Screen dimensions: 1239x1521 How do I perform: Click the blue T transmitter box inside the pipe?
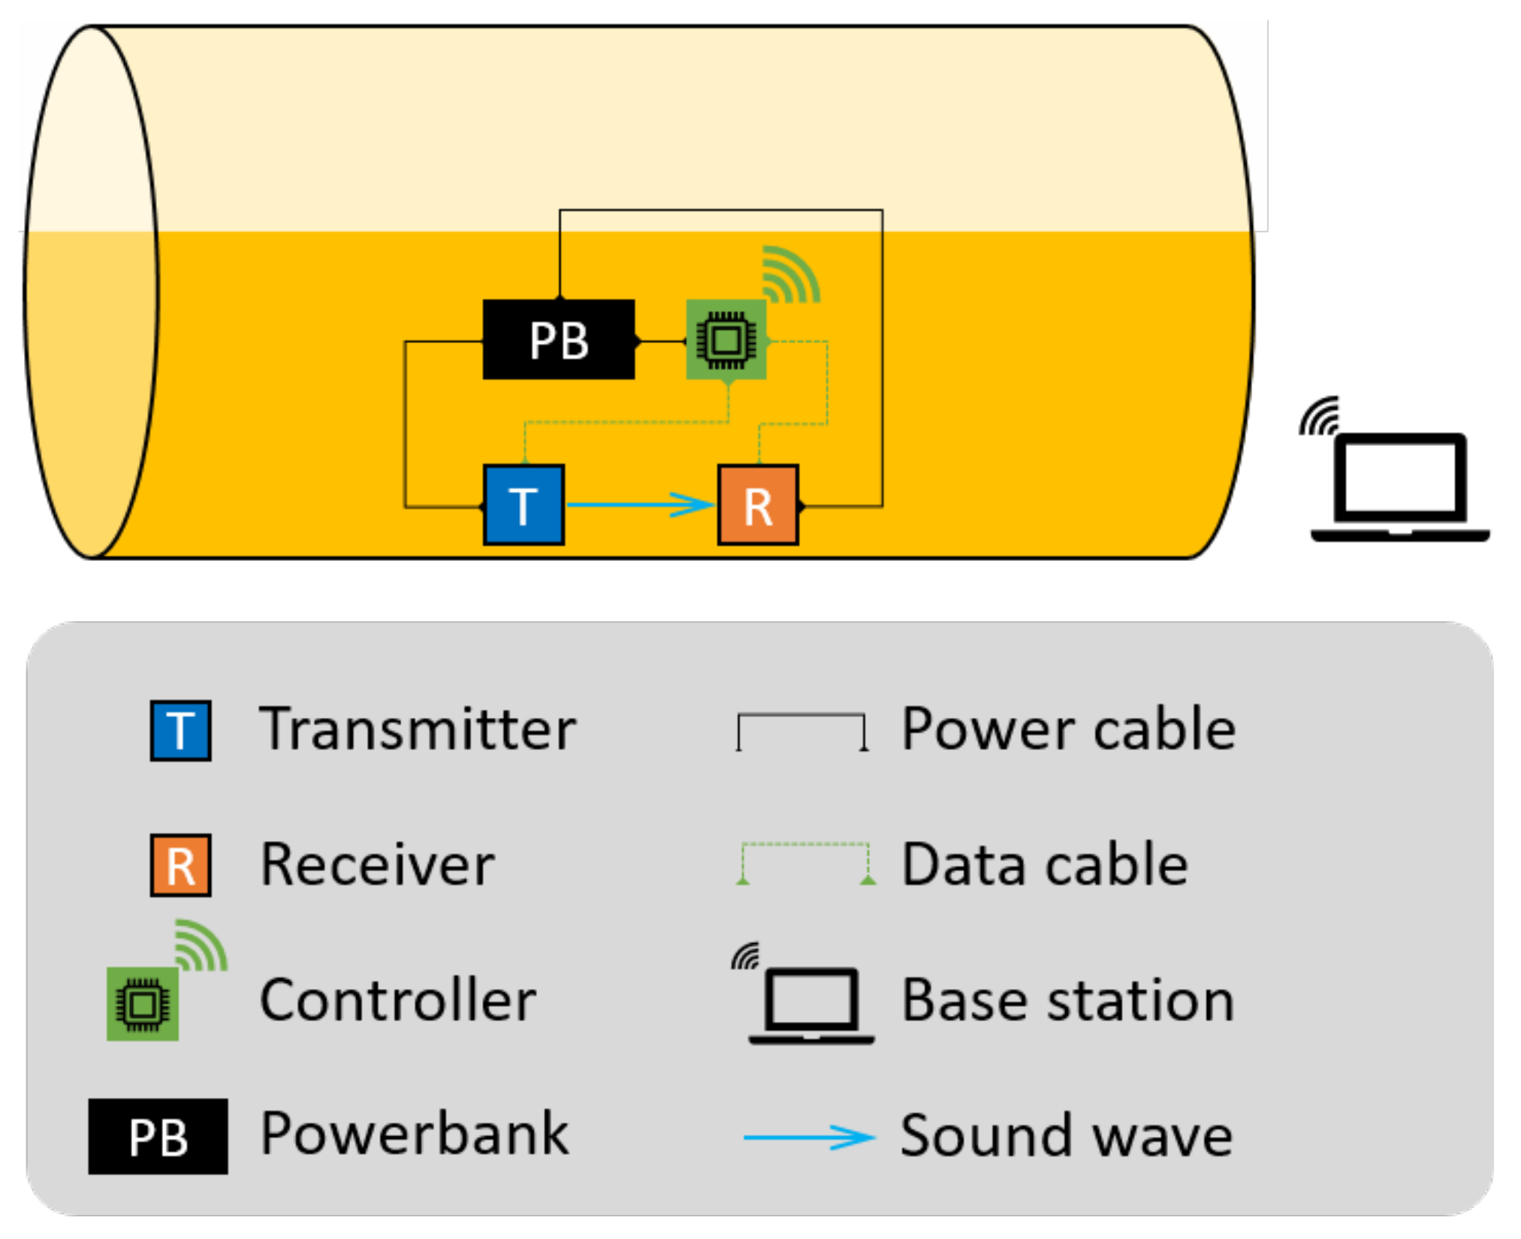click(x=524, y=505)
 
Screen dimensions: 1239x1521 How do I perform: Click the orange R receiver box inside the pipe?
click(x=758, y=505)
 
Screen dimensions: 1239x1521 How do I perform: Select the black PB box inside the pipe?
click(x=558, y=339)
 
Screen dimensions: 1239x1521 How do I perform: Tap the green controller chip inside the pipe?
click(x=726, y=339)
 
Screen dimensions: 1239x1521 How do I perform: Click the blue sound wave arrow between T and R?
click(x=638, y=505)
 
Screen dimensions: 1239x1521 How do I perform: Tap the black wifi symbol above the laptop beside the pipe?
click(x=1320, y=417)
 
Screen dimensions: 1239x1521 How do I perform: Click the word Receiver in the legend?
click(x=377, y=864)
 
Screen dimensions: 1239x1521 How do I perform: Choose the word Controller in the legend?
click(x=397, y=1000)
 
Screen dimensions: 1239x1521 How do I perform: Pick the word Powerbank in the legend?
click(x=414, y=1134)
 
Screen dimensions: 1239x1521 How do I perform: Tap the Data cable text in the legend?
click(x=1044, y=864)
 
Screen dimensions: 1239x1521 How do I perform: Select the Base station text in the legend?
click(x=1068, y=1000)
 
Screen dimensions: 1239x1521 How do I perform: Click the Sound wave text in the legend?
click(x=1067, y=1135)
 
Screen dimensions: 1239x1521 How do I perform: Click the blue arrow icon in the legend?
click(x=809, y=1137)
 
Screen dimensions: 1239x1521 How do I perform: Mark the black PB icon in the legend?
click(x=158, y=1136)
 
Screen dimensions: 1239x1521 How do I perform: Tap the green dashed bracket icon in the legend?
click(x=805, y=862)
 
